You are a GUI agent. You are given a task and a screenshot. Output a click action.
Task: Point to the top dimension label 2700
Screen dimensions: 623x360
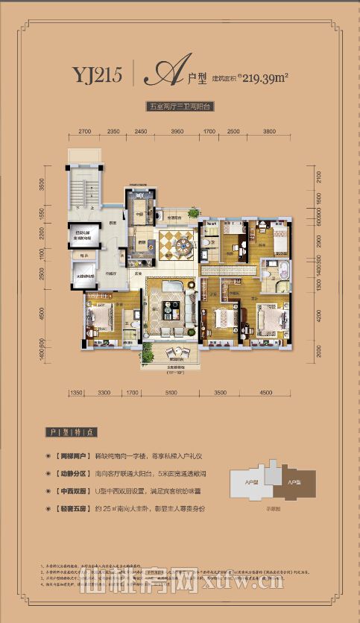(x=84, y=131)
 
